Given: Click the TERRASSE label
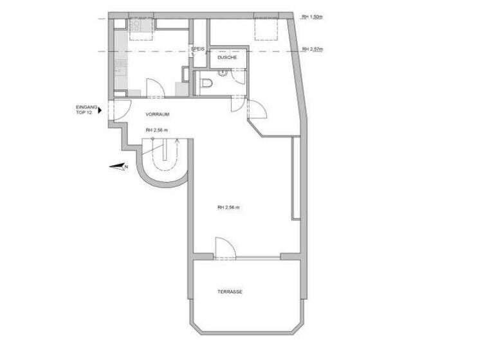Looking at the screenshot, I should pos(230,292).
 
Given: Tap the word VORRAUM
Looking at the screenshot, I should pos(158,114).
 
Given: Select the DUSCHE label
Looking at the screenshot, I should pos(227,58).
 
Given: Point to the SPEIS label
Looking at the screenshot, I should pos(197,49).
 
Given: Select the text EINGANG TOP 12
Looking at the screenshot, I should pos(86,110).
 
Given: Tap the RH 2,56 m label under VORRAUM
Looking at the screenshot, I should pos(156,130).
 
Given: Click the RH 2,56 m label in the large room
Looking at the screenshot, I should pos(228,207).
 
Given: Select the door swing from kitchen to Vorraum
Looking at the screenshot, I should pos(155,88).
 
